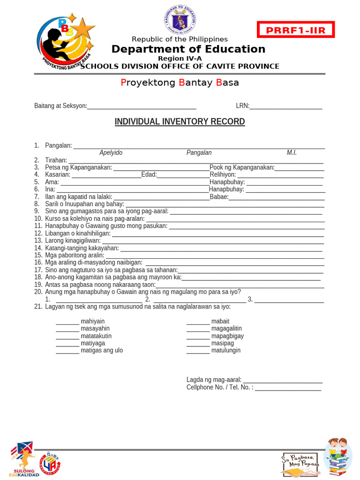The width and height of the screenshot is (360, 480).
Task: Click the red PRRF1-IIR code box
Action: click(x=295, y=30)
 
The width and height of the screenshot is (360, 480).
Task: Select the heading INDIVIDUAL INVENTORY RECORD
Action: click(x=180, y=122)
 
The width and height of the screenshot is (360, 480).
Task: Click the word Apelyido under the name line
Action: click(x=111, y=153)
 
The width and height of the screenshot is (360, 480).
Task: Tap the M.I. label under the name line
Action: click(x=292, y=153)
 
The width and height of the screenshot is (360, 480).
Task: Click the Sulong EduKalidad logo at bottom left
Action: click(x=22, y=458)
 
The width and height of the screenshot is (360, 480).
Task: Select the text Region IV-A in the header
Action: click(x=180, y=58)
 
